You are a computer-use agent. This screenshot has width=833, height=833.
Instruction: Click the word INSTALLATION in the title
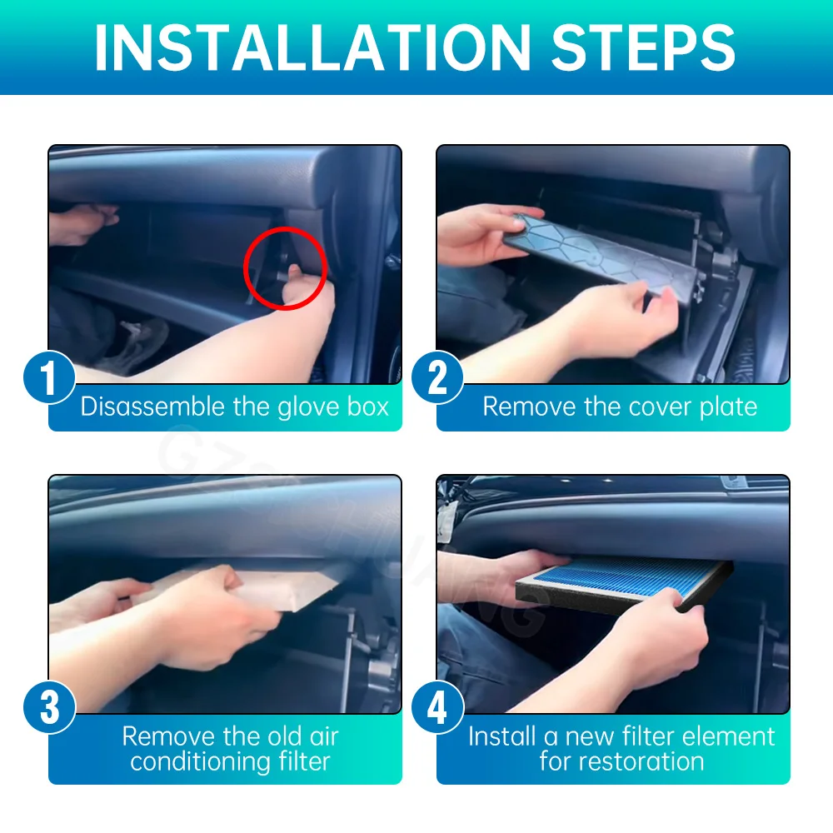(x=312, y=47)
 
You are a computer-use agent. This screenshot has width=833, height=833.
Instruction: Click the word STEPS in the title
(x=643, y=47)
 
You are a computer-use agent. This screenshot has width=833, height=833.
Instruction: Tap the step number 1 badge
(x=49, y=377)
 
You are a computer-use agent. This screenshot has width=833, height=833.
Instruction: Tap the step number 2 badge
(x=437, y=377)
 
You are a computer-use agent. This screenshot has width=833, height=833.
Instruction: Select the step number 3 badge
(x=49, y=707)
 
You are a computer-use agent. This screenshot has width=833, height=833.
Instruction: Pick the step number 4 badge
(x=437, y=707)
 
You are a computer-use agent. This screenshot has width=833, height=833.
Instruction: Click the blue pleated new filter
(x=624, y=581)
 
